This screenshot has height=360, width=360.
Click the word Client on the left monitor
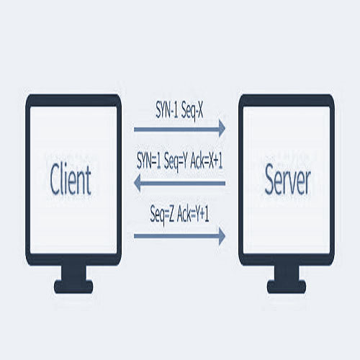pyautogui.click(x=71, y=179)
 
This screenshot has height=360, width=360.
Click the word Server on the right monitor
pyautogui.click(x=287, y=179)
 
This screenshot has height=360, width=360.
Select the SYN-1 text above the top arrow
pyautogui.click(x=167, y=109)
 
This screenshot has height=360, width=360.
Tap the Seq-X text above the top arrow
pyautogui.click(x=192, y=111)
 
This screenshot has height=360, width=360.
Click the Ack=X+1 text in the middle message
pyautogui.click(x=207, y=161)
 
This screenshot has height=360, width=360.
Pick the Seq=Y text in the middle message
pyautogui.click(x=176, y=161)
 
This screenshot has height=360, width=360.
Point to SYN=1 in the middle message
pyautogui.click(x=149, y=161)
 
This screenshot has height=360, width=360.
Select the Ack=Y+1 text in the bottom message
pyautogui.click(x=193, y=214)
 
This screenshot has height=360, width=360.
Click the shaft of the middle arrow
pyautogui.click(x=183, y=184)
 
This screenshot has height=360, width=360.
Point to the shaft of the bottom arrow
pyautogui.click(x=176, y=236)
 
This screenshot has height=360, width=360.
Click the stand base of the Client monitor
pyautogui.click(x=73, y=287)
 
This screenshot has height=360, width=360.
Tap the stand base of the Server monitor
pyautogui.click(x=287, y=287)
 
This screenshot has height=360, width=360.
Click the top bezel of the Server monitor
pyautogui.click(x=287, y=101)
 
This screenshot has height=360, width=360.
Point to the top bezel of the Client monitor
pyautogui.click(x=73, y=101)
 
